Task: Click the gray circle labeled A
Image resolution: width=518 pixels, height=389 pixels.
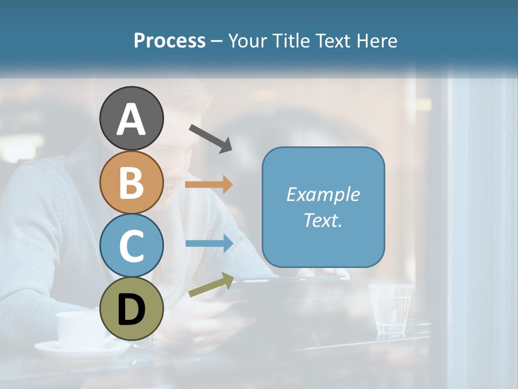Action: click(131, 118)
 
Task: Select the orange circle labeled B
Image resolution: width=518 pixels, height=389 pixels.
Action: click(131, 182)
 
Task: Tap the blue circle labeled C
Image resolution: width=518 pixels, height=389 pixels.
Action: click(131, 245)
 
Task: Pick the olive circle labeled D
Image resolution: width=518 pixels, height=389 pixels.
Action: click(131, 308)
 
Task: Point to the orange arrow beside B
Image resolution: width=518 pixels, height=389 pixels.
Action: click(209, 185)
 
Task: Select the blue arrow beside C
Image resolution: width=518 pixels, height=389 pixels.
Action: click(209, 244)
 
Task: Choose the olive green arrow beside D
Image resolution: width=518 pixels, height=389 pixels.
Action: click(211, 285)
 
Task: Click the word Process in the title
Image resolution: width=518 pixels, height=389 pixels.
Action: click(169, 41)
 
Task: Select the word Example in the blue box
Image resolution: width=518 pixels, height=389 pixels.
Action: click(323, 194)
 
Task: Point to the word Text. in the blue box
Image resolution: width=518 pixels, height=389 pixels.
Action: click(323, 220)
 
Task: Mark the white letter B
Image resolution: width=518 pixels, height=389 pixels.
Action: click(131, 183)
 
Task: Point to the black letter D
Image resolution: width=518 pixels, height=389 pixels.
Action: click(131, 310)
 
